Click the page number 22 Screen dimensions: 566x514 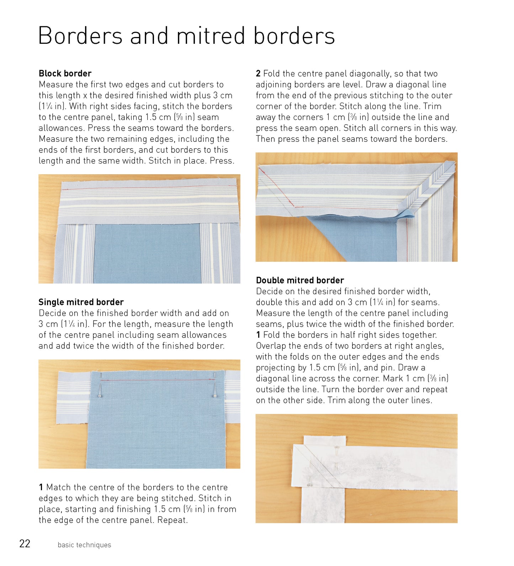coord(25,544)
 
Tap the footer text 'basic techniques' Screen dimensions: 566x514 coord(84,545)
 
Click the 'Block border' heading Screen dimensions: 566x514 coord(65,73)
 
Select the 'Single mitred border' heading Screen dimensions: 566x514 coord(81,302)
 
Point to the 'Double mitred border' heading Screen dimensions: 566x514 coord(300,280)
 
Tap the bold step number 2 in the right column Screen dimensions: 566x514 coord(258,74)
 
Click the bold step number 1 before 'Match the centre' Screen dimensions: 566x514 coord(41,487)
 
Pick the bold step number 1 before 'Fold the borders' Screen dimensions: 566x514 coord(258,335)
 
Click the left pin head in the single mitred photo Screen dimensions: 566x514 coord(99,396)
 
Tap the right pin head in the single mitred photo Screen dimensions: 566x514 coord(214,396)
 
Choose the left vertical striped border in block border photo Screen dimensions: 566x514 coord(75,254)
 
